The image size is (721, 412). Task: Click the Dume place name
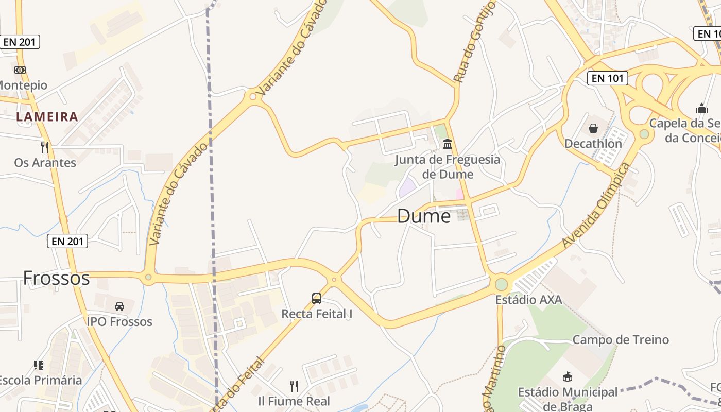(x=424, y=216)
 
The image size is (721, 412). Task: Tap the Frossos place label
(x=56, y=278)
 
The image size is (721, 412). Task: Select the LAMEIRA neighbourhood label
(x=47, y=117)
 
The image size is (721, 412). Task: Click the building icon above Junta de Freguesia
(x=447, y=144)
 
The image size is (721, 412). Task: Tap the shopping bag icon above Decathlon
(x=593, y=128)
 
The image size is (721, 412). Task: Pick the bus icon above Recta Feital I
(x=317, y=298)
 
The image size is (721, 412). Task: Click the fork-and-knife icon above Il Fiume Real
(x=294, y=386)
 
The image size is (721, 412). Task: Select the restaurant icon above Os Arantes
(x=45, y=147)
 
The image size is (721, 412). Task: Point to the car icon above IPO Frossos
(x=119, y=306)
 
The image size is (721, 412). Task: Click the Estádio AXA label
(x=528, y=300)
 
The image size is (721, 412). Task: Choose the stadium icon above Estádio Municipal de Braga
(x=568, y=377)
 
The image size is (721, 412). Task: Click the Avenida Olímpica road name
(x=597, y=205)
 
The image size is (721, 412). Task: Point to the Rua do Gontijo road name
(x=475, y=41)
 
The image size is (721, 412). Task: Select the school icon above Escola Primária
(x=39, y=365)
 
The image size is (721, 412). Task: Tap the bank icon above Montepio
(x=20, y=70)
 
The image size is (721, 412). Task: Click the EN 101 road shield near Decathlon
(x=608, y=78)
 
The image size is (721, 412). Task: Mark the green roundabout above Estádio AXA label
(x=501, y=284)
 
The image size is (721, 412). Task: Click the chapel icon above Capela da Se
(x=701, y=108)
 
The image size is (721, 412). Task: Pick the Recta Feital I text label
(x=317, y=314)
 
